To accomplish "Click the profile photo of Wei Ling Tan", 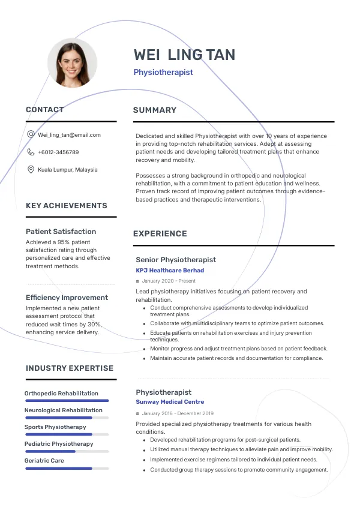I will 72,63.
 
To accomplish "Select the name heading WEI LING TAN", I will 184,55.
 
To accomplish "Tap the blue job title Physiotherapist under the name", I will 163,73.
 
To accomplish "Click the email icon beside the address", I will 31,135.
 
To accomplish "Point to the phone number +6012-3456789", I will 58,152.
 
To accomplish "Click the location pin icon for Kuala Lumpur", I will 31,170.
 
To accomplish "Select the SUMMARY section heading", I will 155,110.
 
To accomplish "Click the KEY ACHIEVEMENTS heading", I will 67,206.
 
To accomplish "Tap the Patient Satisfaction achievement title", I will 61,232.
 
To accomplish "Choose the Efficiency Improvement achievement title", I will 67,298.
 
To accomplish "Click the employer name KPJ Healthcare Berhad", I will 170,271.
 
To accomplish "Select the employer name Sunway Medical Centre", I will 170,402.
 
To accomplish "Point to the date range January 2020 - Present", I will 169,281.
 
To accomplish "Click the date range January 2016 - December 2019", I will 178,413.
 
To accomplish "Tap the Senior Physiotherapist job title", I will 176,260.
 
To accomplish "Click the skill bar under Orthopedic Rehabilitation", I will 67,401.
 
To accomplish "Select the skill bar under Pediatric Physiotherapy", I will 67,451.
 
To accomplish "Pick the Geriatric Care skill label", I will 44,461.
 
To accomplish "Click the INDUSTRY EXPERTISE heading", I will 70,368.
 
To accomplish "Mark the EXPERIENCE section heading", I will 160,234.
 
